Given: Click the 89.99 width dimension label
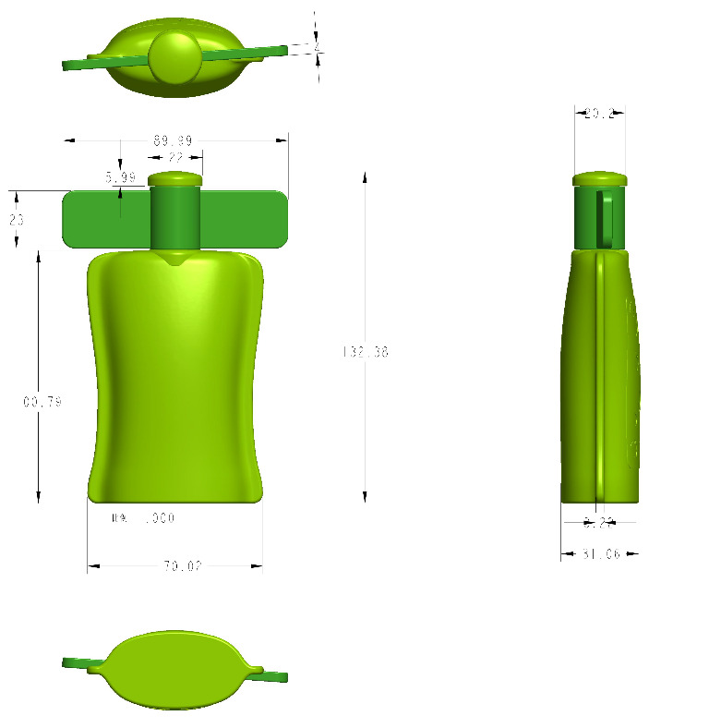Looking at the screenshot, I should [173, 141].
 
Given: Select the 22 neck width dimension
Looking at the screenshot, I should [175, 158].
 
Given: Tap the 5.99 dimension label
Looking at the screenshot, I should [120, 176].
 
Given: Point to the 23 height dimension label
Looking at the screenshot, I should [17, 220].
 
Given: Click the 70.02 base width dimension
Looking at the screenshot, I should [183, 566].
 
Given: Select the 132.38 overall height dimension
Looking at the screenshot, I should [366, 352].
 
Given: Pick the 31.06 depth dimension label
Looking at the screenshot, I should [600, 554].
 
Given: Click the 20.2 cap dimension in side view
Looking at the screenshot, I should [599, 114].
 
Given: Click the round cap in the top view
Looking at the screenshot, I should [174, 57].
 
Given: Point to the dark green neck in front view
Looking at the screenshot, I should [175, 217].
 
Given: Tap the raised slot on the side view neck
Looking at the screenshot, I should [607, 218].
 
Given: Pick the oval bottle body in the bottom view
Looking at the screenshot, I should [175, 670].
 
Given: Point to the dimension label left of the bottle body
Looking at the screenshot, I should [42, 402].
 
